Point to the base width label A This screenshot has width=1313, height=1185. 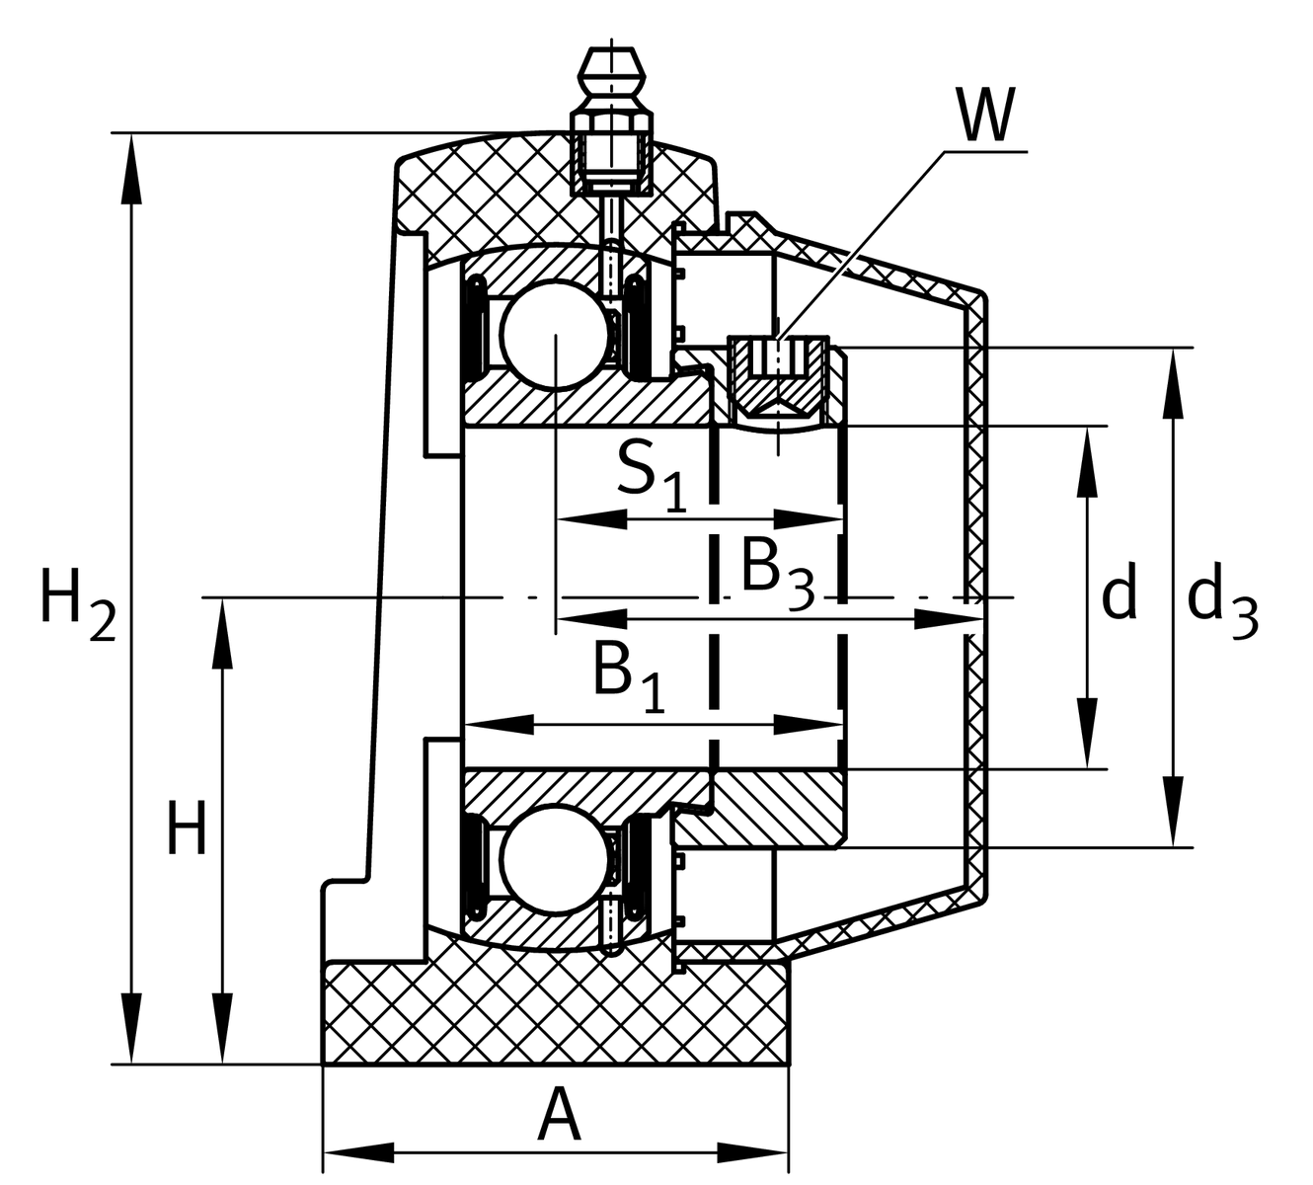click(x=558, y=1117)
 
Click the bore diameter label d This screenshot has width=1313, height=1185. click(x=1119, y=594)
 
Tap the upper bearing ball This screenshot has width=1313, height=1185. click(x=554, y=335)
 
